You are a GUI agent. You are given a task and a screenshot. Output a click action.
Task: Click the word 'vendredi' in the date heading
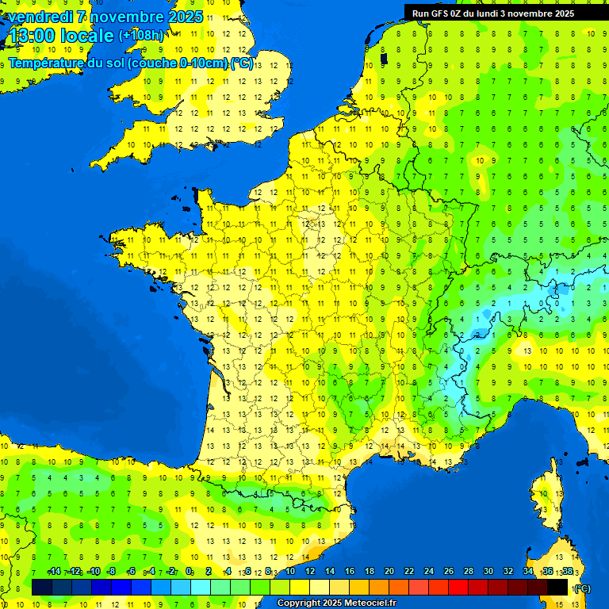40,17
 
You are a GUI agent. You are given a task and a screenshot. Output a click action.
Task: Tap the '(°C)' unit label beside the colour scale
581,588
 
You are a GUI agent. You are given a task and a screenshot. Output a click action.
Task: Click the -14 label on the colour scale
54,572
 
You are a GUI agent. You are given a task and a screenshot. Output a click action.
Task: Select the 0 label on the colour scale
189,572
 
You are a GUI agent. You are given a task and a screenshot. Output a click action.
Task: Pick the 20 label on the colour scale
389,572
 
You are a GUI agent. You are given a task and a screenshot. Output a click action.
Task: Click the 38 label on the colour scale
567,572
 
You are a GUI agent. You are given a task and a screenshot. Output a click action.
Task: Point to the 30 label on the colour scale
488,572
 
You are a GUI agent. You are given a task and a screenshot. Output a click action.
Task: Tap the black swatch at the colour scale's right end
557,588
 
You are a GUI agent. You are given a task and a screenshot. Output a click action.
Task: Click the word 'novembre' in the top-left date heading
126,17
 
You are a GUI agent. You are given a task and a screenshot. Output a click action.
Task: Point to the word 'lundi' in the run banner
492,13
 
